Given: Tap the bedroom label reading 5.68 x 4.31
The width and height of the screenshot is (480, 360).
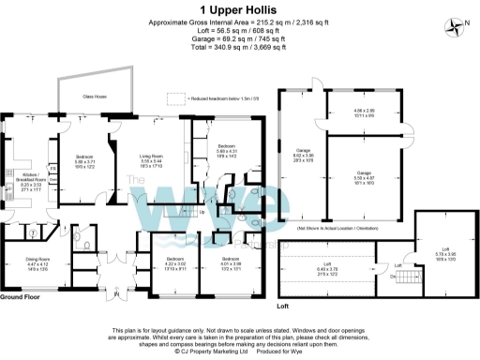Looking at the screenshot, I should [227, 149].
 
